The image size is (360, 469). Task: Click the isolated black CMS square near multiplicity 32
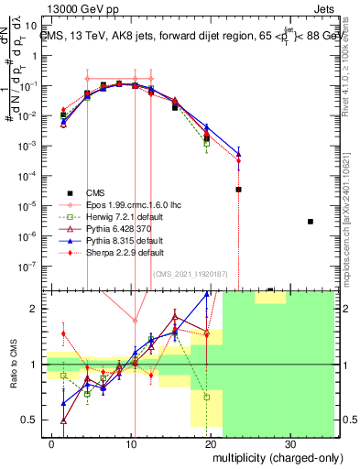[311, 222]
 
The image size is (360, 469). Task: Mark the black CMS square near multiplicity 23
[238, 189]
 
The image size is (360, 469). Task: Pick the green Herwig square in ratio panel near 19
[208, 398]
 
